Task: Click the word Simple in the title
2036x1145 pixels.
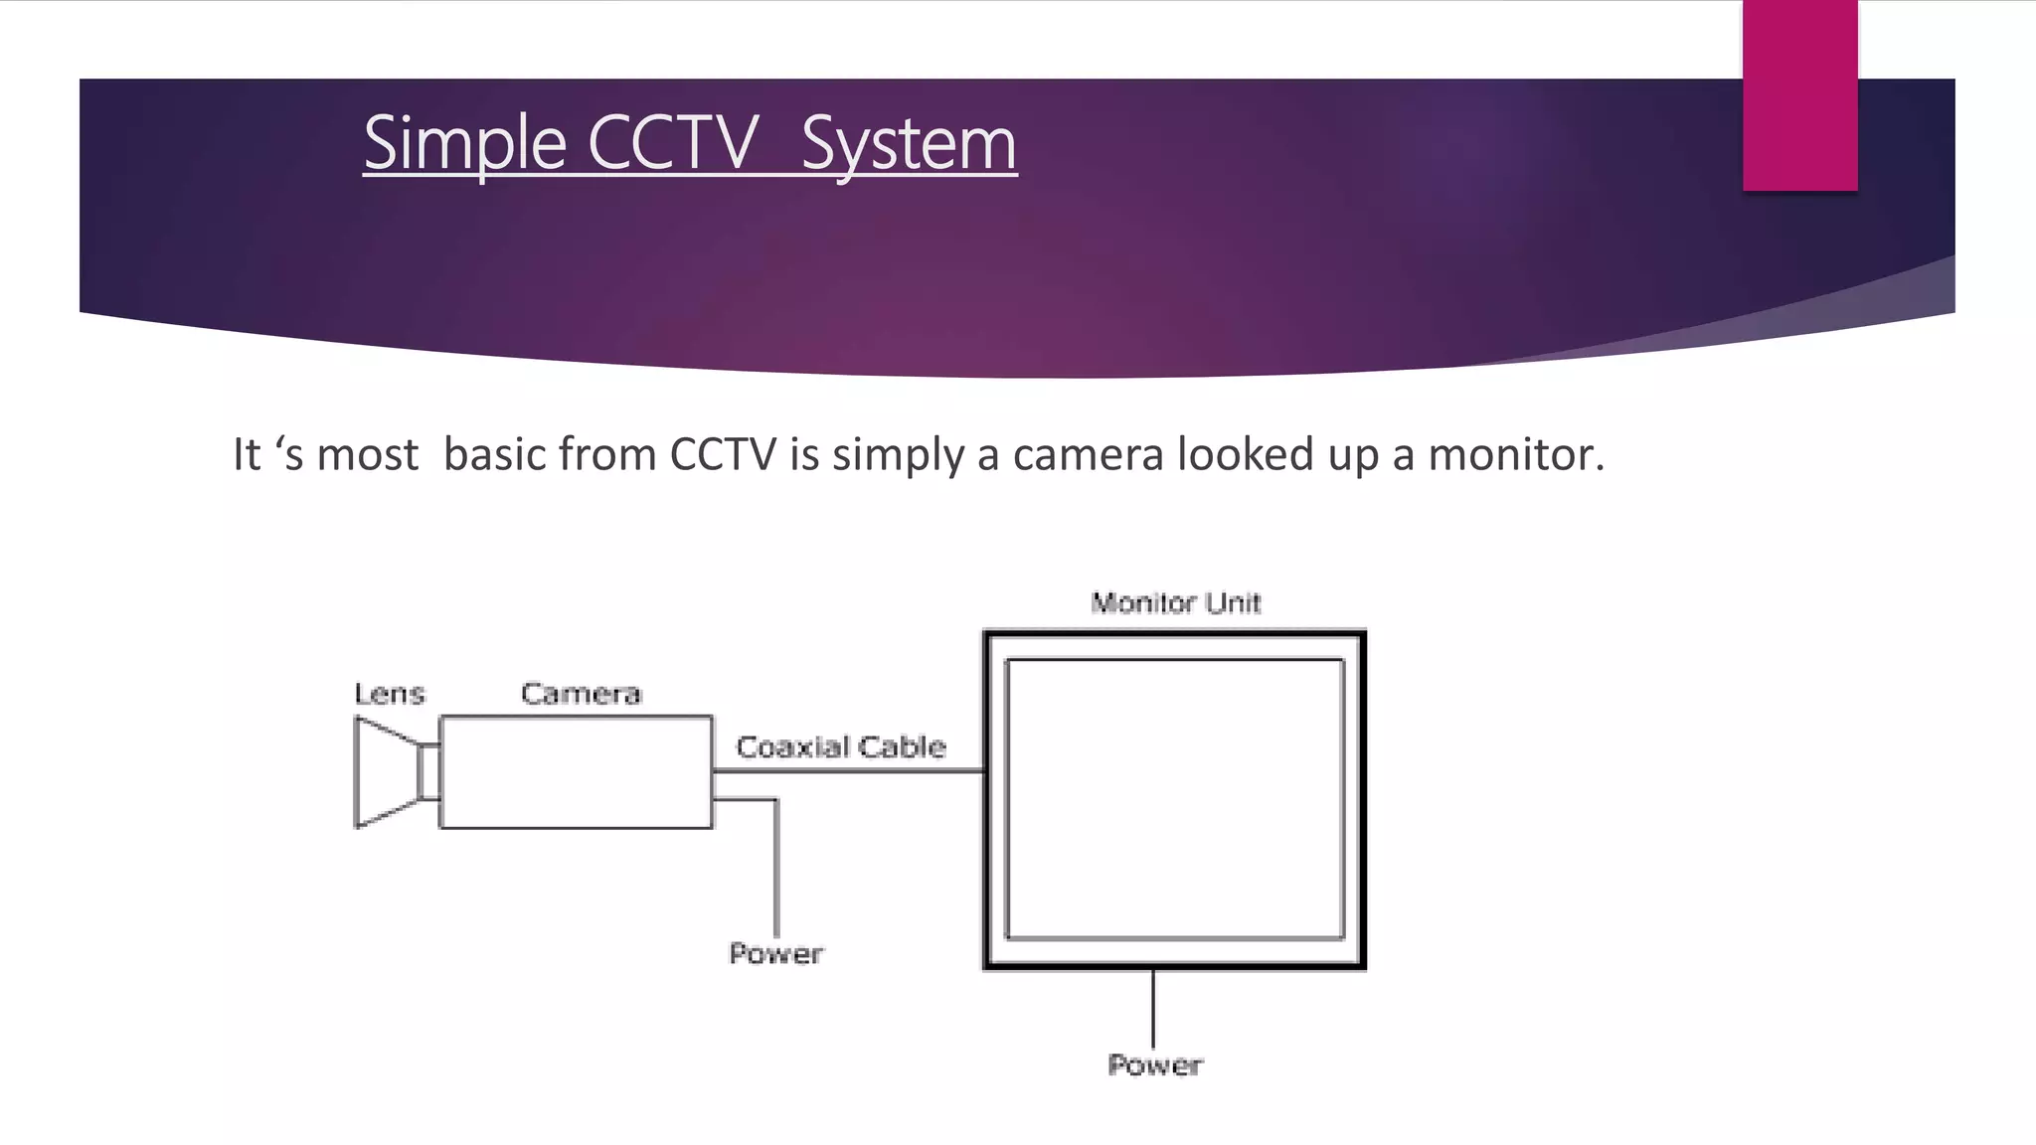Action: pos(464,144)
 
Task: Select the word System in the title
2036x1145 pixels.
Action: pos(909,144)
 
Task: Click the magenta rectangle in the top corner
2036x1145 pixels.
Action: pos(1799,95)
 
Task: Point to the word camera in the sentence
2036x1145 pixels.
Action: pos(1088,454)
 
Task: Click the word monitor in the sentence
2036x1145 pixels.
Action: pos(1514,454)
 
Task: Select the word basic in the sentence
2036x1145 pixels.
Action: pos(494,454)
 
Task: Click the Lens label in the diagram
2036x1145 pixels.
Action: pos(390,694)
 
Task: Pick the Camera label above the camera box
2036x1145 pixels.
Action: pos(581,694)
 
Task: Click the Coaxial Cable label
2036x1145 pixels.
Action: pos(841,746)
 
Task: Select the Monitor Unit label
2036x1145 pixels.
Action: pos(1175,603)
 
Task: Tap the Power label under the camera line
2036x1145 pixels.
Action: pos(775,954)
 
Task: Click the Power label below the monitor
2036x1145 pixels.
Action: pos(1154,1065)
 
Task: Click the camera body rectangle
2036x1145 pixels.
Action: pos(576,772)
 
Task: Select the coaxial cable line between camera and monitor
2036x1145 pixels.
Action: pos(849,770)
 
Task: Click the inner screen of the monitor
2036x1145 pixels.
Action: pos(1174,799)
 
